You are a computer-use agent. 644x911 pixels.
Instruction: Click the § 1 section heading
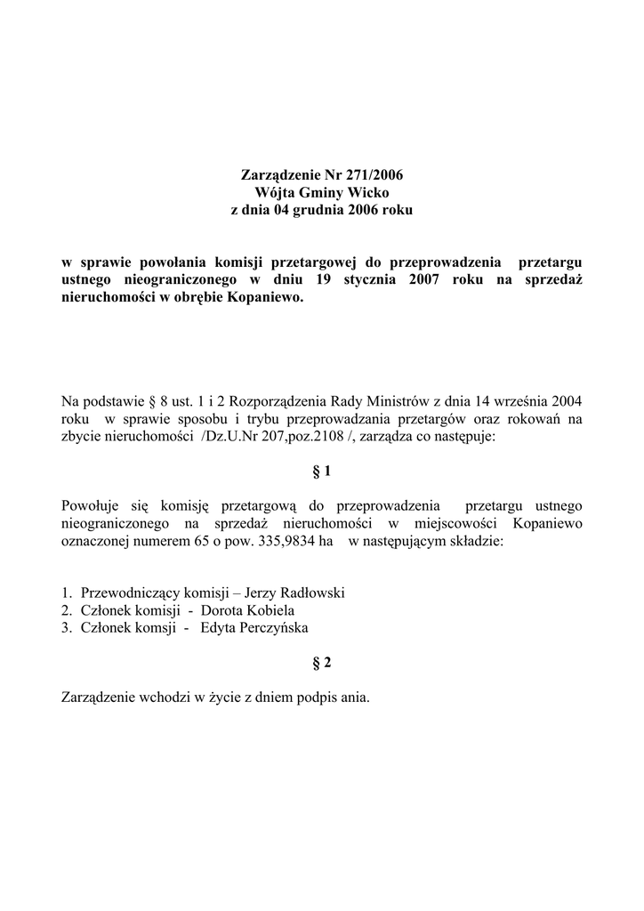(x=322, y=472)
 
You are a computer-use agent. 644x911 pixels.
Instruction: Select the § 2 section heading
(x=322, y=663)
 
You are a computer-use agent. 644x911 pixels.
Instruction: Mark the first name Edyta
(x=220, y=628)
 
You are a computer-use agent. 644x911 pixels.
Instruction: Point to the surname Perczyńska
(x=277, y=628)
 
